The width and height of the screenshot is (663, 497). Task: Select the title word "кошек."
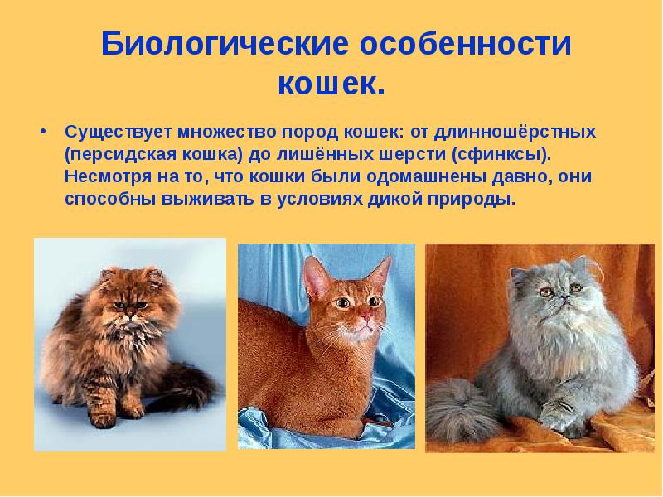pos(331,83)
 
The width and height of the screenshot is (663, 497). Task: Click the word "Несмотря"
pos(99,177)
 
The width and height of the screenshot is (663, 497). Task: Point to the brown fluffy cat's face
pos(128,306)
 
